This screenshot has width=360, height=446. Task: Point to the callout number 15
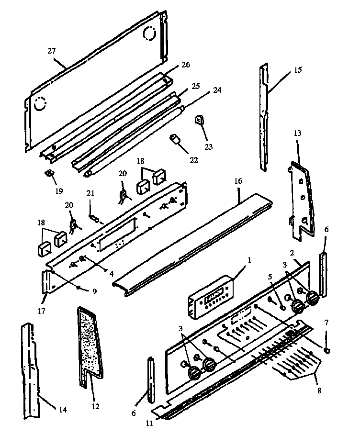297,70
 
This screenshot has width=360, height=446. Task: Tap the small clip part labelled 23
199,120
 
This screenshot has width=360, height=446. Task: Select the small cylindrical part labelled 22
175,141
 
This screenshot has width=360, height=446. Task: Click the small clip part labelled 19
49,173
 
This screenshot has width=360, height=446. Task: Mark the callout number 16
238,181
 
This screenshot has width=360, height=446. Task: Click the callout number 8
319,390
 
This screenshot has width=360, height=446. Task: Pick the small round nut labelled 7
326,351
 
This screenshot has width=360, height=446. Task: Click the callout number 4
111,274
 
